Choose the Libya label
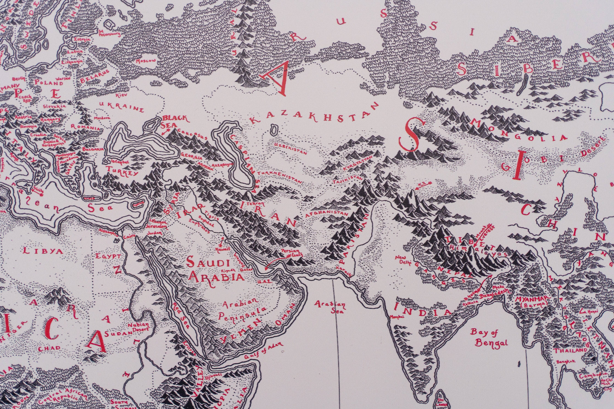(x=43, y=251)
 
